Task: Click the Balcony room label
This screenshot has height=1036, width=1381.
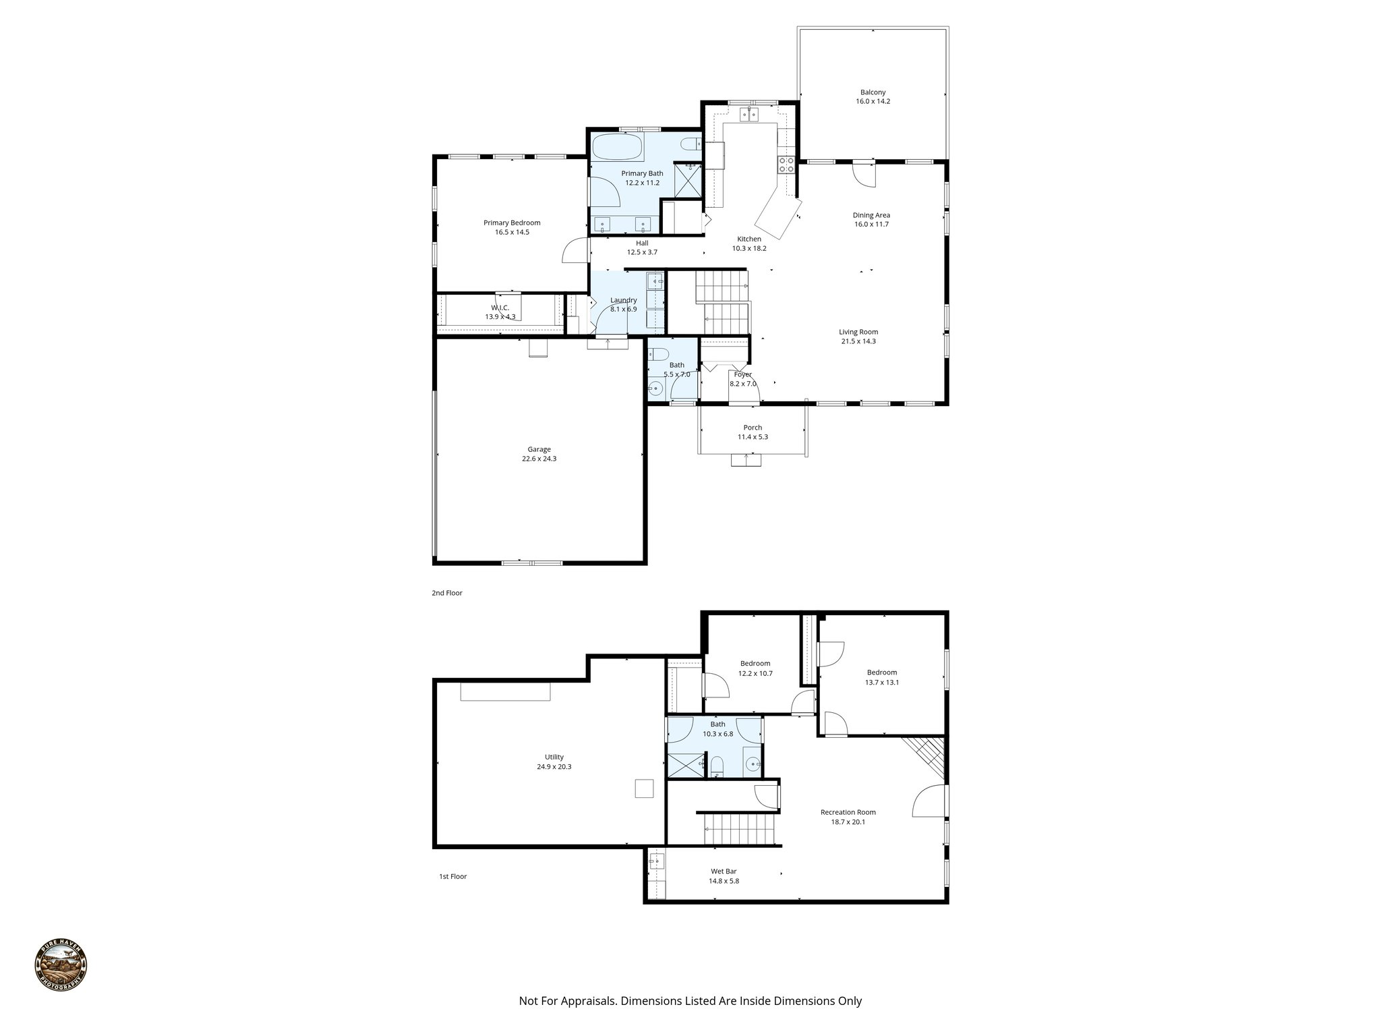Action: click(x=873, y=92)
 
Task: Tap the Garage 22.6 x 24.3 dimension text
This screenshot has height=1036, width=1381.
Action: click(x=539, y=459)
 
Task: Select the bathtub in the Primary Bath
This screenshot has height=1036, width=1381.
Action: click(x=617, y=146)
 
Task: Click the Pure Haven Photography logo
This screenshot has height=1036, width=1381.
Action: click(x=61, y=967)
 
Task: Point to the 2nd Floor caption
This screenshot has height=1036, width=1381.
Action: click(x=447, y=594)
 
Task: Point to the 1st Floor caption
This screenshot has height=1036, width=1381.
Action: click(x=452, y=877)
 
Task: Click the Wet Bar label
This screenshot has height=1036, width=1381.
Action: click(x=723, y=871)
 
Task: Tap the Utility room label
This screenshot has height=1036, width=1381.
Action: click(x=554, y=757)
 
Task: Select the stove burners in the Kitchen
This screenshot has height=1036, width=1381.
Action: click(x=786, y=165)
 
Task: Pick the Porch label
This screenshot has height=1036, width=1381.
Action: click(x=753, y=428)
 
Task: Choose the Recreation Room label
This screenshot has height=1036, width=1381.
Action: click(x=848, y=812)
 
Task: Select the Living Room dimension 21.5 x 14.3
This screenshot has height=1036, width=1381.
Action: click(x=858, y=341)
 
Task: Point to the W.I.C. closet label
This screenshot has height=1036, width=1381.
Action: click(x=500, y=308)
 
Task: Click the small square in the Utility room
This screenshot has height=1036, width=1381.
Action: click(x=644, y=788)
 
